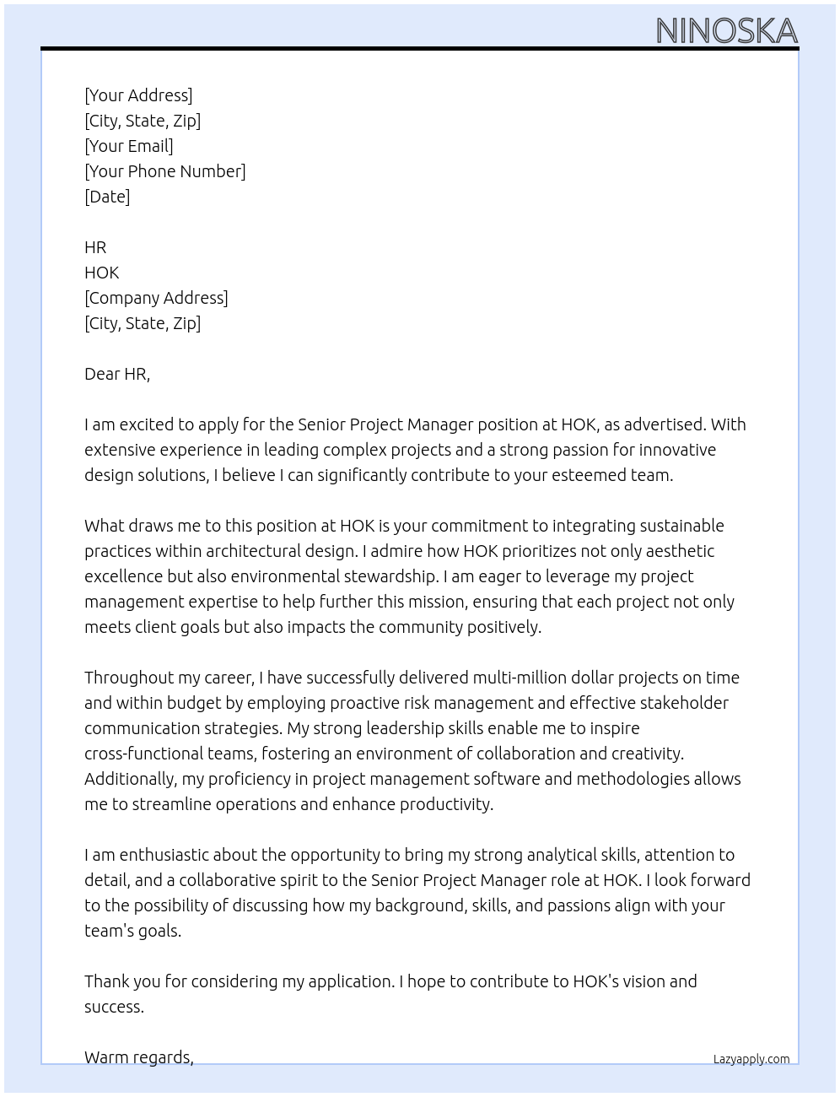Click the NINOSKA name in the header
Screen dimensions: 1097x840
pos(726,31)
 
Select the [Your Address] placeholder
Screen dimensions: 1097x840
pos(138,95)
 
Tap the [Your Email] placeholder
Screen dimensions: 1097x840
pos(129,146)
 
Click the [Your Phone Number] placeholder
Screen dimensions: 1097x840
pos(165,171)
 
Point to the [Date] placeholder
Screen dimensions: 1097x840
pos(107,197)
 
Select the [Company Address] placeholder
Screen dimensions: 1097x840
pos(156,298)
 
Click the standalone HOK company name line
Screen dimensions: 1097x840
pos(102,273)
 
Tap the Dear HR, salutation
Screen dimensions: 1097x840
pos(117,374)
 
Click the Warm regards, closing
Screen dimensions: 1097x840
pos(139,1057)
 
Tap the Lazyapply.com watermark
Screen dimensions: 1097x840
pos(751,1059)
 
